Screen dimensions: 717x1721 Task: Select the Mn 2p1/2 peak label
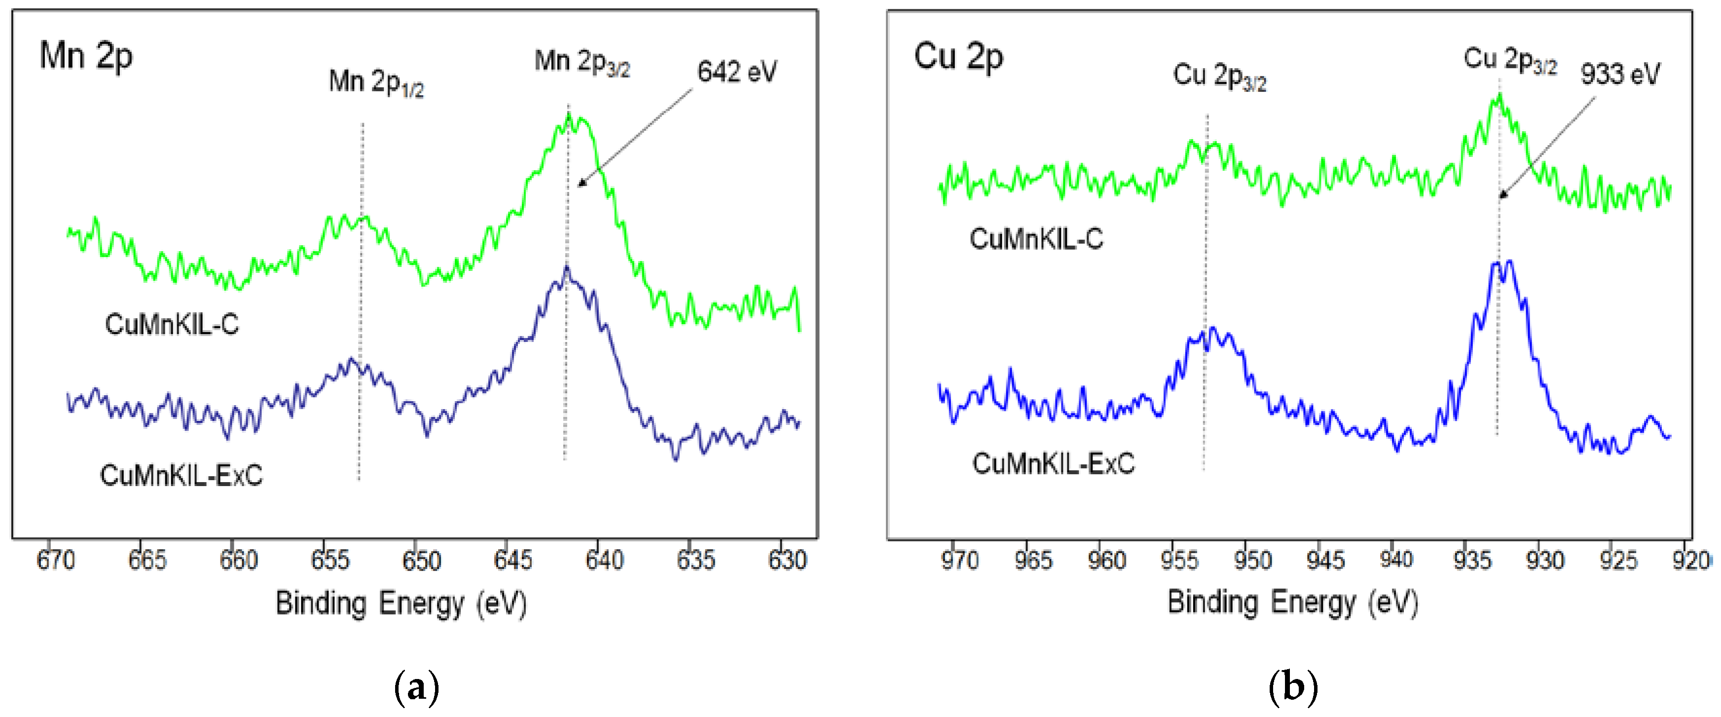376,82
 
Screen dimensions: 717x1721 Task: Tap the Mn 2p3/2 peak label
582,62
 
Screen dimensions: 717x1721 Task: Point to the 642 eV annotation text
737,72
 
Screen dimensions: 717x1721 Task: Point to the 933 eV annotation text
1619,74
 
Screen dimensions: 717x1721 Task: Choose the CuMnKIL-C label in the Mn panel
172,324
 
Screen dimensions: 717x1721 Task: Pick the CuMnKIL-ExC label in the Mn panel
181,475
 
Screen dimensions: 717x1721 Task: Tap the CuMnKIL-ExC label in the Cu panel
1053,463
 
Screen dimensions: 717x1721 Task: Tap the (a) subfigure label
417,686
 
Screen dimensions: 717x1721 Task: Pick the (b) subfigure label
1293,686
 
